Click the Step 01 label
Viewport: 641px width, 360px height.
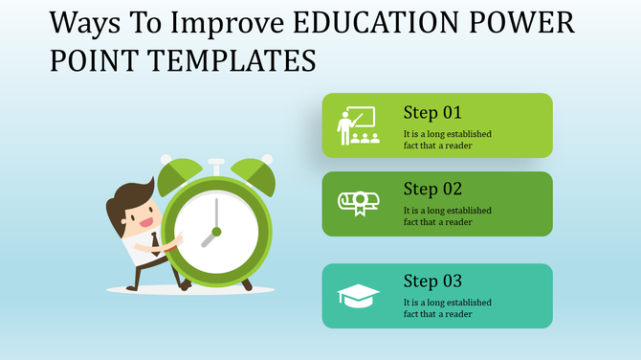pos(431,112)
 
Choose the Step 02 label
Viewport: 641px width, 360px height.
pos(431,189)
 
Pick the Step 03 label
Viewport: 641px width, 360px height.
pos(431,281)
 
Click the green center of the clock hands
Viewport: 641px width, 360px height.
pos(216,232)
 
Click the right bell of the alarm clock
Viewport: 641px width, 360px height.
pos(254,172)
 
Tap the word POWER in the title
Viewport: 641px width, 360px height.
pos(520,22)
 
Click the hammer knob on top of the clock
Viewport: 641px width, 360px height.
pos(216,162)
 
